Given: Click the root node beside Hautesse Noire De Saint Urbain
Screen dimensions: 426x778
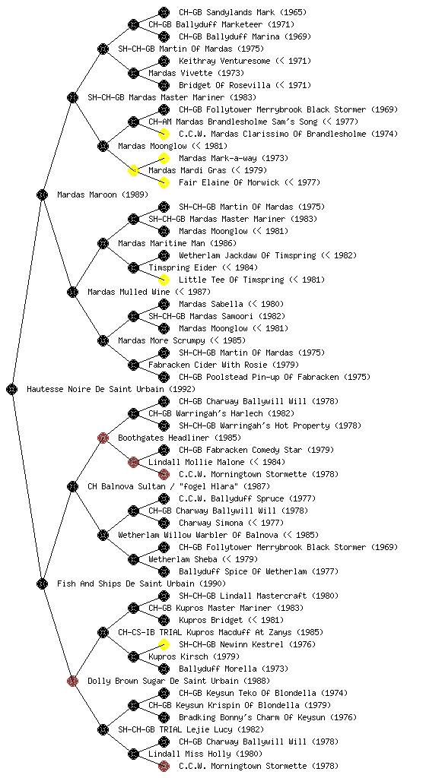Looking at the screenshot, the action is (12, 389).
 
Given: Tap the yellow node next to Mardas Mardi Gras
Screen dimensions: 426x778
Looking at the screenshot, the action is (133, 170).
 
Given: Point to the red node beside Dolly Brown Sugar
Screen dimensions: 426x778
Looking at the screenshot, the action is (72, 681).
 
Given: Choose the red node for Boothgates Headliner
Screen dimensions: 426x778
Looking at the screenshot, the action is (103, 438).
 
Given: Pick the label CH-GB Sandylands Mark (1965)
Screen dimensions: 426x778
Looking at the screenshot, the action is (243, 12).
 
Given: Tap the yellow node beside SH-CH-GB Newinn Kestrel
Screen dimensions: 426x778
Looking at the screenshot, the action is (164, 644).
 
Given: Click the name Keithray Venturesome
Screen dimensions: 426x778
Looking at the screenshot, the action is (224, 61).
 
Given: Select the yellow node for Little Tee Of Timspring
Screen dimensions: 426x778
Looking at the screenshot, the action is (164, 280).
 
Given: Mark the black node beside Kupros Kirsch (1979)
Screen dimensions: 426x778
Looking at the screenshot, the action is (133, 656).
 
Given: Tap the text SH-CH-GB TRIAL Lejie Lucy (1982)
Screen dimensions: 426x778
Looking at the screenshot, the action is (191, 729).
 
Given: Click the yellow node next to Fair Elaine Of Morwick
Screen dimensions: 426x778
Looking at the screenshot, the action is (164, 182).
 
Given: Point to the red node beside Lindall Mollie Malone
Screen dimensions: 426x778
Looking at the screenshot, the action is (133, 462).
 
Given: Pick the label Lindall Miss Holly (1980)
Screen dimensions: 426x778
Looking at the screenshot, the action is (205, 754).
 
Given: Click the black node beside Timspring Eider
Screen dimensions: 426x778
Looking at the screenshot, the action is (133, 267).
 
